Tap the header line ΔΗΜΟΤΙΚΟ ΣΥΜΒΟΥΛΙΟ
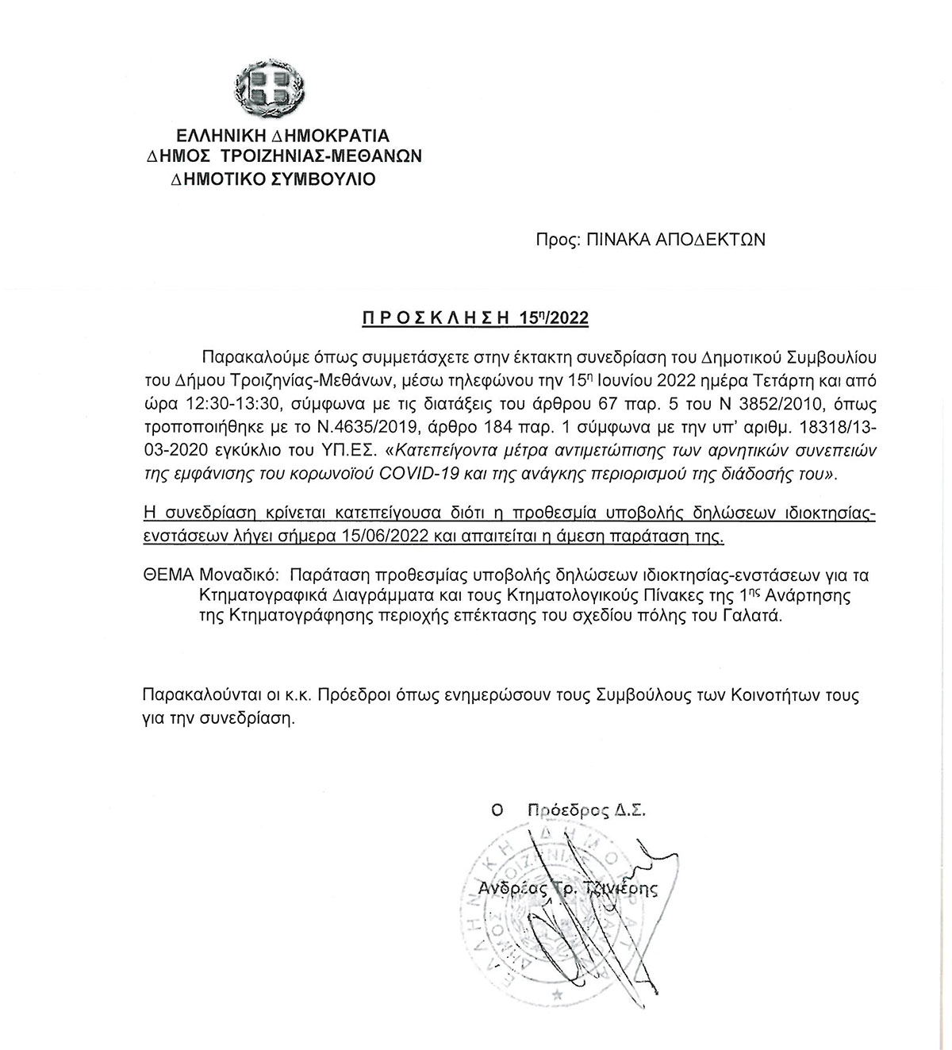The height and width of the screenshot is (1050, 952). pos(273,179)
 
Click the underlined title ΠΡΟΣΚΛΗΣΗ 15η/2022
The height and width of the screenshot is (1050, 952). pos(475,318)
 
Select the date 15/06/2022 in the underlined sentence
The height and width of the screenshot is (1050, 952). pos(392,537)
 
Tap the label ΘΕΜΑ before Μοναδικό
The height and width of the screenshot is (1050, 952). pos(167,573)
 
